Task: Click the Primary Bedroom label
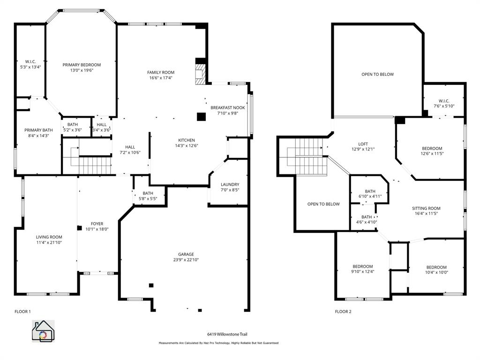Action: click(x=82, y=65)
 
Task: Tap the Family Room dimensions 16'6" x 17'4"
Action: click(x=161, y=78)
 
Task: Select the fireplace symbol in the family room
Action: click(x=200, y=75)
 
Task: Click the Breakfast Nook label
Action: click(x=227, y=107)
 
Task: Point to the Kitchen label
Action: click(x=187, y=140)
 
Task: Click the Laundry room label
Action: click(x=230, y=184)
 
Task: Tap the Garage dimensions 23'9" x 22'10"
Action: click(x=186, y=260)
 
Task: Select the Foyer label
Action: click(x=97, y=224)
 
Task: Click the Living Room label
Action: click(x=49, y=237)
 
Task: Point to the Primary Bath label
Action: click(x=38, y=130)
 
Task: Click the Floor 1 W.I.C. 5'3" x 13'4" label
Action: click(x=30, y=64)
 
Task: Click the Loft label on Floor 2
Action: click(x=363, y=144)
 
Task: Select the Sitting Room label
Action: click(x=426, y=208)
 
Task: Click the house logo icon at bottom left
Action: click(x=43, y=331)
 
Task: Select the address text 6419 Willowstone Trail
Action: click(x=227, y=334)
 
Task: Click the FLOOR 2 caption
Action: click(x=343, y=311)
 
